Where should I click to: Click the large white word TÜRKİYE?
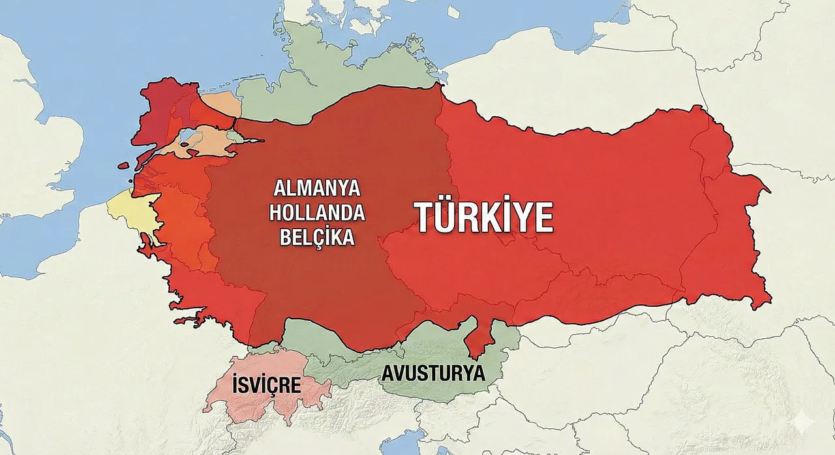(x=484, y=217)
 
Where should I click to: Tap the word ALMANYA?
(x=317, y=189)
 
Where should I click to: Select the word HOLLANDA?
(x=317, y=213)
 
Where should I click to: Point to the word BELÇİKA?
(x=317, y=236)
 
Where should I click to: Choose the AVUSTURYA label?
(x=433, y=374)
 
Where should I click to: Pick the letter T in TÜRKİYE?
(x=425, y=217)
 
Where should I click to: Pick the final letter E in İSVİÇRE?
(x=294, y=384)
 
